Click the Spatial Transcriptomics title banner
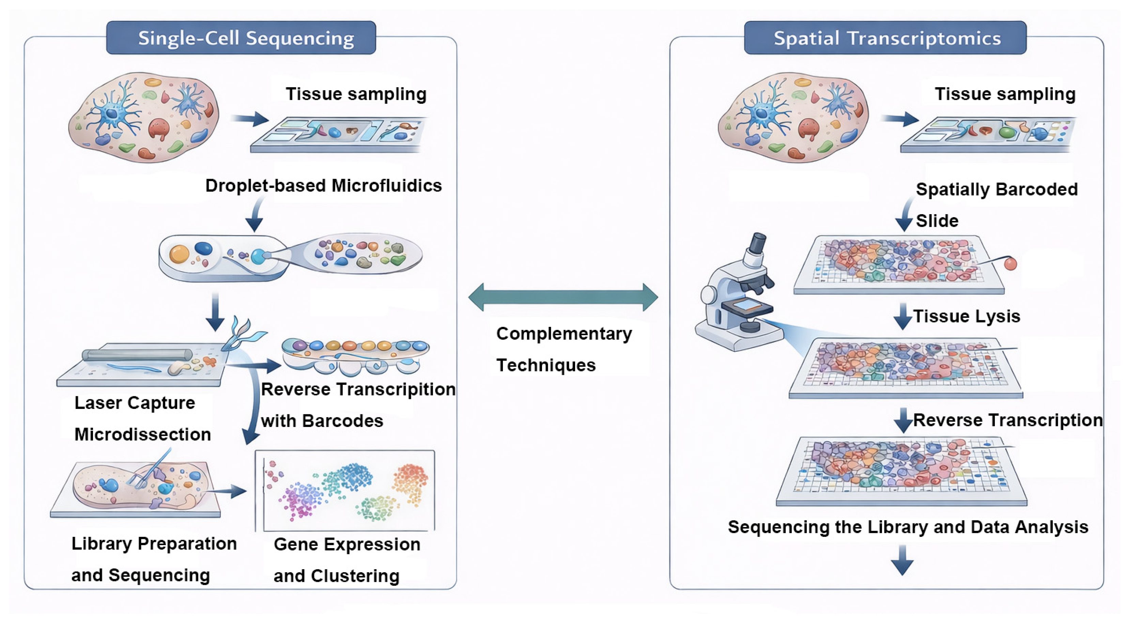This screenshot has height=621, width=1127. (x=885, y=38)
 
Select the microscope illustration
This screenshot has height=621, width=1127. (x=737, y=297)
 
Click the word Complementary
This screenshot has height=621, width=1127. (x=563, y=334)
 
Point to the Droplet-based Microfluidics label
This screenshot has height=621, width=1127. (x=323, y=186)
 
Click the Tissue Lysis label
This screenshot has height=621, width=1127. (x=967, y=316)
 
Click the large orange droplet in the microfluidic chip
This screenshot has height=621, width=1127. (x=179, y=254)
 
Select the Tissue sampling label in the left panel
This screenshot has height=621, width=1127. (x=356, y=94)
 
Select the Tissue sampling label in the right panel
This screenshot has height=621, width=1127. (x=1005, y=94)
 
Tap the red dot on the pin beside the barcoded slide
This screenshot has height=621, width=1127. (x=1010, y=264)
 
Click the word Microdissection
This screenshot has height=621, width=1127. (x=143, y=434)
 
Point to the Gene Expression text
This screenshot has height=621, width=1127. (x=346, y=544)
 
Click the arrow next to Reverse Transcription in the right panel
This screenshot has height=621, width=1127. (x=902, y=420)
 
